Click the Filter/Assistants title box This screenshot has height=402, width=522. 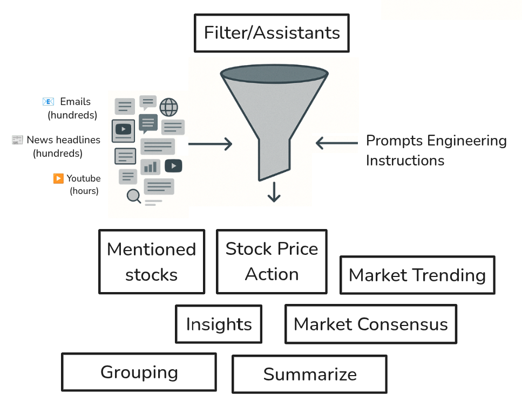pyautogui.click(x=272, y=33)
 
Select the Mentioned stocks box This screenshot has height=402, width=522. pyautogui.click(x=152, y=262)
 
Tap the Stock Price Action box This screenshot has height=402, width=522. pyautogui.click(x=272, y=261)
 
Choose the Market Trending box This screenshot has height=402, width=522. pyautogui.click(x=417, y=275)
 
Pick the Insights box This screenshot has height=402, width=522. pyautogui.click(x=219, y=324)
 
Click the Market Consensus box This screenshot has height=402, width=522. pyautogui.click(x=370, y=324)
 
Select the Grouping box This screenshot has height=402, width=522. pyautogui.click(x=139, y=372)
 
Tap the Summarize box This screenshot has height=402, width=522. pyautogui.click(x=309, y=374)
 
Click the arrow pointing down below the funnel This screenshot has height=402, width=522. pyautogui.click(x=274, y=192)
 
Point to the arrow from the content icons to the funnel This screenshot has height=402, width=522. pyautogui.click(x=210, y=144)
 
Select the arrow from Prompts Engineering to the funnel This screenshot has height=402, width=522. pyautogui.click(x=337, y=143)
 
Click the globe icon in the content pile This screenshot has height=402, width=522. pyautogui.click(x=168, y=107)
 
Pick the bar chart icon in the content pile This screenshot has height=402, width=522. pyautogui.click(x=150, y=167)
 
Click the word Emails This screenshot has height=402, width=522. pyautogui.click(x=75, y=101)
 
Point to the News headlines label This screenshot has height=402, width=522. pyautogui.click(x=63, y=140)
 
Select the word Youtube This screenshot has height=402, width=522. pyautogui.click(x=83, y=178)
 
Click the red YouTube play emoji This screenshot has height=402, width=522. pyautogui.click(x=58, y=178)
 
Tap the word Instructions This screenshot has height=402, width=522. pyautogui.click(x=405, y=161)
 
